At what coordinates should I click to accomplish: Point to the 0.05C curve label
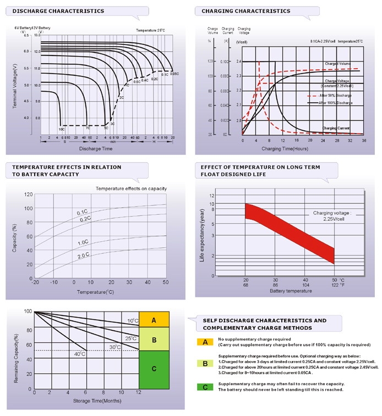coord(174,74)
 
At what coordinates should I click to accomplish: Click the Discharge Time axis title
coord(96,148)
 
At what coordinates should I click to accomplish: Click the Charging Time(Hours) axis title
coord(285,148)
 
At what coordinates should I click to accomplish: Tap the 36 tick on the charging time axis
coord(364,141)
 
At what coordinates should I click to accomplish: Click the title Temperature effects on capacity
coord(131,188)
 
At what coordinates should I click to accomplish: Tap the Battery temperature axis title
coord(290,291)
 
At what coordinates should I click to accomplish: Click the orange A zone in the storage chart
coord(154,319)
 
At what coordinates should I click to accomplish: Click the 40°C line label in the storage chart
coord(80,354)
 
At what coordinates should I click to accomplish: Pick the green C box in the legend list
coord(205,387)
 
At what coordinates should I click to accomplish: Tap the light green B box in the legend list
coord(205,363)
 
